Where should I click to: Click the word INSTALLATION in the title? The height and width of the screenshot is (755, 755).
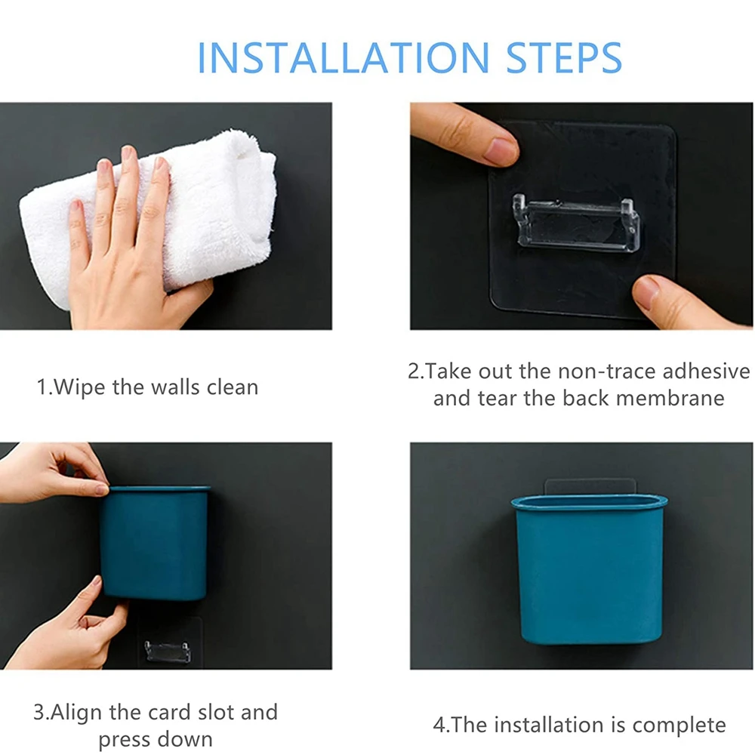click(344, 57)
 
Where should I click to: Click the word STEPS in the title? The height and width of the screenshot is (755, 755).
click(564, 57)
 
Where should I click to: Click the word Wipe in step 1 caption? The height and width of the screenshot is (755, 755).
click(79, 387)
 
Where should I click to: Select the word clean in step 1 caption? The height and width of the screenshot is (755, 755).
click(233, 387)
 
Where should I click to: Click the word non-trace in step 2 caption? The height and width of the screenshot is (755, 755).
click(607, 371)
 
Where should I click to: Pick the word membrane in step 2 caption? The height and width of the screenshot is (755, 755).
click(670, 398)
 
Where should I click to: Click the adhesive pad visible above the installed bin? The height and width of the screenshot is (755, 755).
click(590, 486)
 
